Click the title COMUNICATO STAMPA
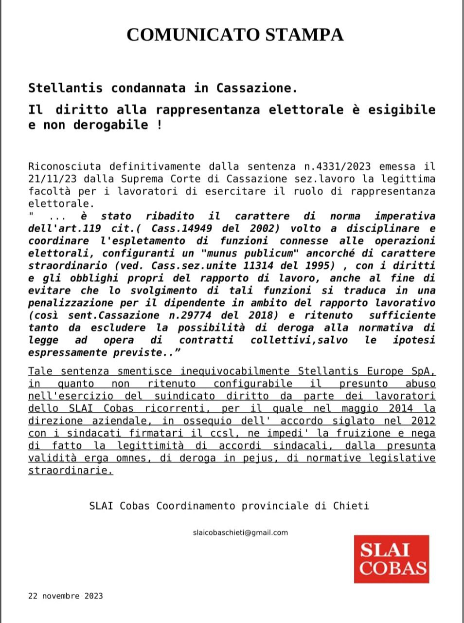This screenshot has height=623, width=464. (235, 35)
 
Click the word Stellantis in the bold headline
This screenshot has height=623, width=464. (66, 88)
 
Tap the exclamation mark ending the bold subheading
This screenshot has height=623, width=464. (159, 125)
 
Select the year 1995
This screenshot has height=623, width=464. (320, 266)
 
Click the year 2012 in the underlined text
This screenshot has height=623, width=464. (423, 421)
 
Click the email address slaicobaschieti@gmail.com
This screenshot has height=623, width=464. (240, 532)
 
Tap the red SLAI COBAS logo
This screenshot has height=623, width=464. (391, 559)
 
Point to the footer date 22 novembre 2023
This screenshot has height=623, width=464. (66, 596)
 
